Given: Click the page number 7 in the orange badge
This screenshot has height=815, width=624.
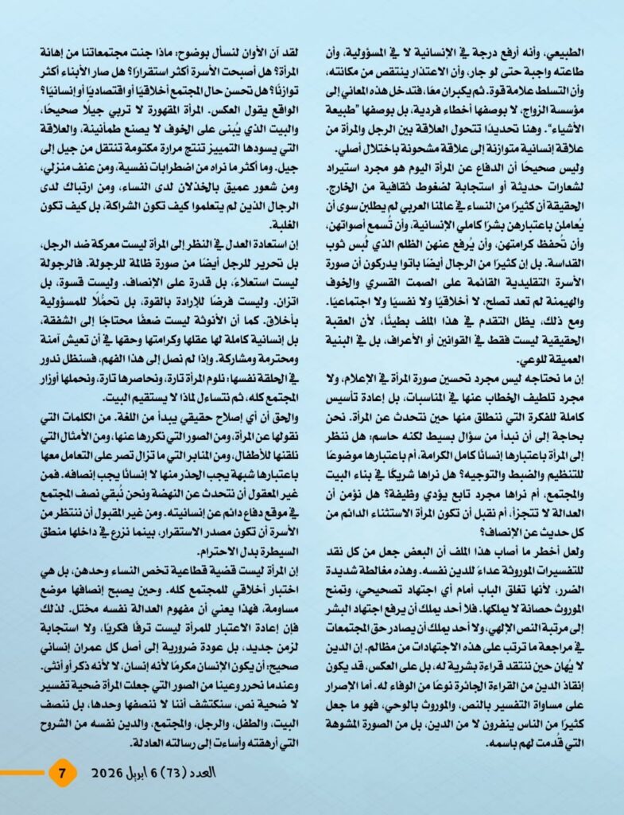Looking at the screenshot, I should pos(62,770).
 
